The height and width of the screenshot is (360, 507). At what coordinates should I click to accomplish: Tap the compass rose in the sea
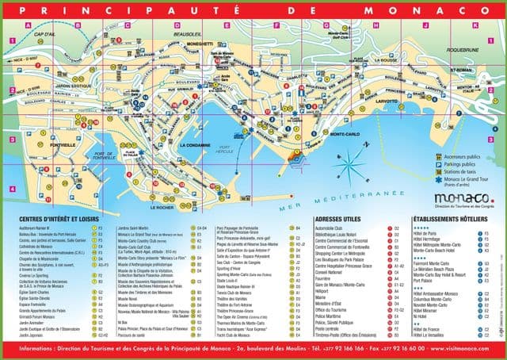tap(349, 163)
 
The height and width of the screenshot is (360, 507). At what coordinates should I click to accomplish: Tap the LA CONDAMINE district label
tap(194, 147)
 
